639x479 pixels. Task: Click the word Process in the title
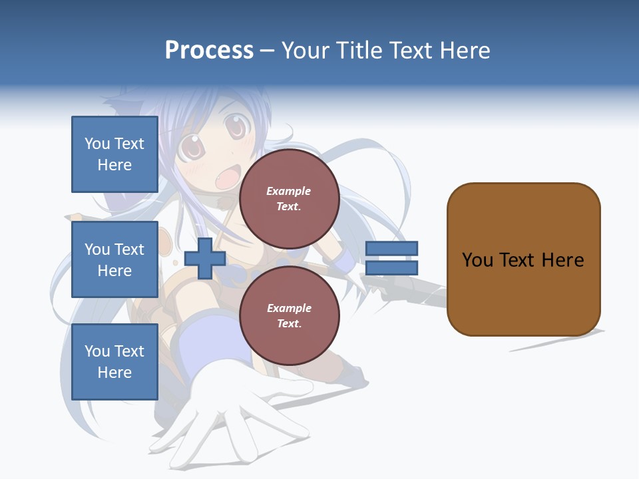point(209,51)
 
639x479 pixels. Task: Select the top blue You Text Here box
point(114,154)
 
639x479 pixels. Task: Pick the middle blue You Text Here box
point(114,259)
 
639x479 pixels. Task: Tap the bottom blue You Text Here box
point(114,362)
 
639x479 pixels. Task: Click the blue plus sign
point(205,259)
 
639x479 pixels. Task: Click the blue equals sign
point(391,258)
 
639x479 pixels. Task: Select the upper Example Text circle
point(289,199)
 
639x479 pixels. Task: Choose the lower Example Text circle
point(289,316)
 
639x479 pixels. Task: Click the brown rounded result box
point(523,259)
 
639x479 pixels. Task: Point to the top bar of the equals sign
point(391,248)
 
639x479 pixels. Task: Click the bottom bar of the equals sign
point(391,268)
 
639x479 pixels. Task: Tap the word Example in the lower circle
point(289,308)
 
